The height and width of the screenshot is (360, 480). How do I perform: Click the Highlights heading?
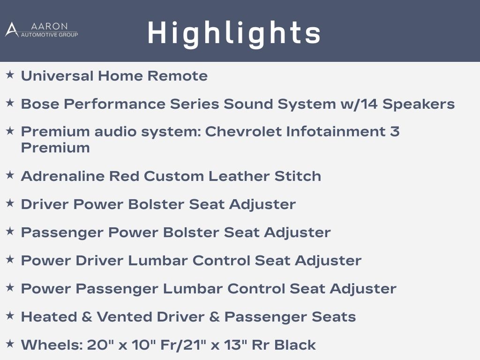click(x=234, y=33)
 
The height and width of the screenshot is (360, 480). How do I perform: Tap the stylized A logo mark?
click(x=12, y=30)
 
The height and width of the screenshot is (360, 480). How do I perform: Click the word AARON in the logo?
click(x=49, y=26)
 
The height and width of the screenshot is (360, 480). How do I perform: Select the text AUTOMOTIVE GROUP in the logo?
click(x=49, y=35)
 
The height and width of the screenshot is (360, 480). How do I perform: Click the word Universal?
click(x=57, y=76)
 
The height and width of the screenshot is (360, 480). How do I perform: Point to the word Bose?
click(x=40, y=104)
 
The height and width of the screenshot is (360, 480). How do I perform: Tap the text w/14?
click(x=359, y=104)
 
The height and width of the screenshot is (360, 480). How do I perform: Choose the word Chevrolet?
click(x=243, y=132)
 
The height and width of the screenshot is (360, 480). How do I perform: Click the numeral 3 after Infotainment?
click(x=395, y=132)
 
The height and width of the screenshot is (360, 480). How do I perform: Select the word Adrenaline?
click(x=63, y=176)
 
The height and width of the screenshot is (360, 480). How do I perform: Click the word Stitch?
click(x=298, y=176)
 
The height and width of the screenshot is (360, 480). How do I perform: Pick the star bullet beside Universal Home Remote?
click(x=10, y=75)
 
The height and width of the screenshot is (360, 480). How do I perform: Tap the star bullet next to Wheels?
click(x=10, y=344)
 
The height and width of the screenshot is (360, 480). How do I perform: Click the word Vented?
click(x=124, y=317)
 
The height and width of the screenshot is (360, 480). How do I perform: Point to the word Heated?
click(x=49, y=317)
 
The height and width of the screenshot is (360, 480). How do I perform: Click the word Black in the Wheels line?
click(x=295, y=345)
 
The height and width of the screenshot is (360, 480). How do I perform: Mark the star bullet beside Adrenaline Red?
click(x=10, y=175)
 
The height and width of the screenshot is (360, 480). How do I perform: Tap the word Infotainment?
click(x=336, y=132)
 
